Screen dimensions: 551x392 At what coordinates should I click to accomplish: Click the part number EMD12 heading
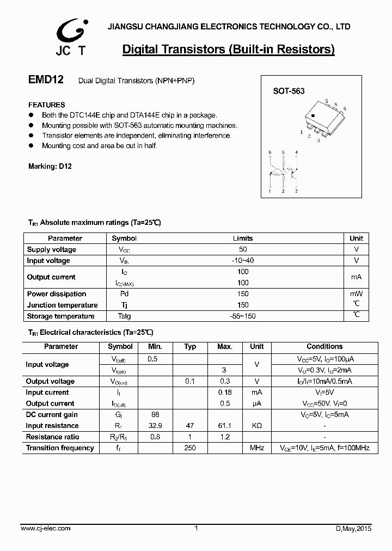pyautogui.click(x=46, y=80)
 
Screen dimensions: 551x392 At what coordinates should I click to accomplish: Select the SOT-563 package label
pyautogui.click(x=289, y=92)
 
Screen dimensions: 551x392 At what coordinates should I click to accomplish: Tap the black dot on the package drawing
pyautogui.click(x=313, y=115)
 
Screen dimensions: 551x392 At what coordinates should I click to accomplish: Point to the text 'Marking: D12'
pyautogui.click(x=50, y=167)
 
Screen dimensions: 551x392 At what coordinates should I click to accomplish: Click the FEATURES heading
pyautogui.click(x=46, y=105)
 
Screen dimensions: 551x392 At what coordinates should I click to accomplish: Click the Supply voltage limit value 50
pyautogui.click(x=243, y=249)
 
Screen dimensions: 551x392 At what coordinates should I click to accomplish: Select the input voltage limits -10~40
pyautogui.click(x=243, y=261)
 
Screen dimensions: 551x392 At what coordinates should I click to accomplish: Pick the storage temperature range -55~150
pyautogui.click(x=243, y=316)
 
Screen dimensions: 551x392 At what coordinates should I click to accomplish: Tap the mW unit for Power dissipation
pyautogui.click(x=356, y=294)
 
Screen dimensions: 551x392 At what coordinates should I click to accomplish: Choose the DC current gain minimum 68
pyautogui.click(x=155, y=415)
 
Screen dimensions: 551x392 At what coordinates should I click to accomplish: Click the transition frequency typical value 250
pyautogui.click(x=190, y=448)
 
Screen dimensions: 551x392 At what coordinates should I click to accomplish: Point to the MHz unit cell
pyautogui.click(x=257, y=448)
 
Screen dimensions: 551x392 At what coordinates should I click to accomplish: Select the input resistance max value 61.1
pyautogui.click(x=225, y=426)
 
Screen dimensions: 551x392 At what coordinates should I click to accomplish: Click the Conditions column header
pyautogui.click(x=324, y=346)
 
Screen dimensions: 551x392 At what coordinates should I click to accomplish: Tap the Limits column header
pyautogui.click(x=243, y=238)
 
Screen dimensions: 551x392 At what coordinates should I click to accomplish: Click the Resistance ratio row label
pyautogui.click(x=52, y=437)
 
